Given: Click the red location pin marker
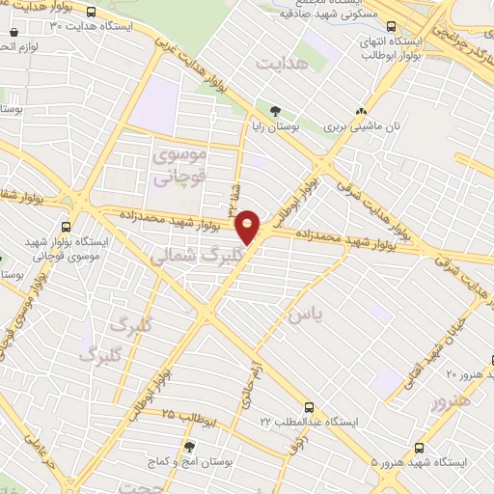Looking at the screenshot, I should [250, 228].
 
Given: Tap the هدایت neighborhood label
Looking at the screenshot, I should [280, 63].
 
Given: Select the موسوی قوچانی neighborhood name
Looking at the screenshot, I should [180, 164].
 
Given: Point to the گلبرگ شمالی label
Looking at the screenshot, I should [187, 255].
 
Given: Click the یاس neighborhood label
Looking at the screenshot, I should [299, 316].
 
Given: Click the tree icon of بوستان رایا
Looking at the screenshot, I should [276, 111].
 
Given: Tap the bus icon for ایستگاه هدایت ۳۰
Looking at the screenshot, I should [91, 12].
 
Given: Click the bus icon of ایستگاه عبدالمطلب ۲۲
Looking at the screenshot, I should [309, 407].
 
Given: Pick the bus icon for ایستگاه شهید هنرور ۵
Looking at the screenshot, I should [419, 447].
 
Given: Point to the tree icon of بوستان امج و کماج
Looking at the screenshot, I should [188, 447].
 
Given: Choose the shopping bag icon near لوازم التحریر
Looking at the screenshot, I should [6, 46].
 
